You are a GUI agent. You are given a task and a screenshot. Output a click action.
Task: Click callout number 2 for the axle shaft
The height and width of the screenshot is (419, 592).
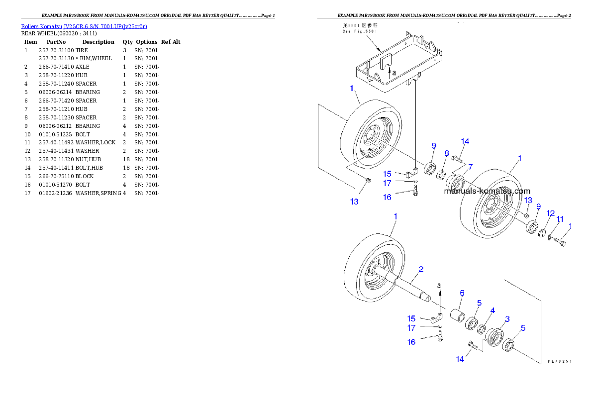(421, 270)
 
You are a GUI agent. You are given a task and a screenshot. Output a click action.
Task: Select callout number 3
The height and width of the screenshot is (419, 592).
(507, 318)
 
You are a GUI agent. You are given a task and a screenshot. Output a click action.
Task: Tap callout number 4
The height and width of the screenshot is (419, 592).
(492, 311)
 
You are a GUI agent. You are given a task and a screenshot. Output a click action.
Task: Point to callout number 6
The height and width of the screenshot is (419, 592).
(461, 293)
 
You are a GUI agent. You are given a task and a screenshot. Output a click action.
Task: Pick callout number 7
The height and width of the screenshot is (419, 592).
(470, 166)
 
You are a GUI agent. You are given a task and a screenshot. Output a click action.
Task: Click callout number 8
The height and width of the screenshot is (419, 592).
(446, 154)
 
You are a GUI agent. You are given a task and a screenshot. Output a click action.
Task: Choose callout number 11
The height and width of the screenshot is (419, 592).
(560, 219)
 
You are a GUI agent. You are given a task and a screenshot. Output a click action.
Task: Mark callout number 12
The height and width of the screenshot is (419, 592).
(550, 213)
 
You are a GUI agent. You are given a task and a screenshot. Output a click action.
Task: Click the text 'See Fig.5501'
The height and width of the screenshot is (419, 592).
(361, 31)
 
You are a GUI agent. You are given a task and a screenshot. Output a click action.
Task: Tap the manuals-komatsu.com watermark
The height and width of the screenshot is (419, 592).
(487, 191)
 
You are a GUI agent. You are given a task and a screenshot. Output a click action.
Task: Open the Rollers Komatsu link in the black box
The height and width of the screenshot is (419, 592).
(84, 26)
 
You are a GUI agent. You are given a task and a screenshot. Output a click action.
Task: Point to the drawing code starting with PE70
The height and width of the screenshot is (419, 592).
(559, 362)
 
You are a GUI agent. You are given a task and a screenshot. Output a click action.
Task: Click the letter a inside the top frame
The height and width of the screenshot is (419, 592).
(394, 73)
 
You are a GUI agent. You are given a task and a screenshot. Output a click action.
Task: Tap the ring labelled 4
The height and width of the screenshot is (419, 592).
(482, 329)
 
